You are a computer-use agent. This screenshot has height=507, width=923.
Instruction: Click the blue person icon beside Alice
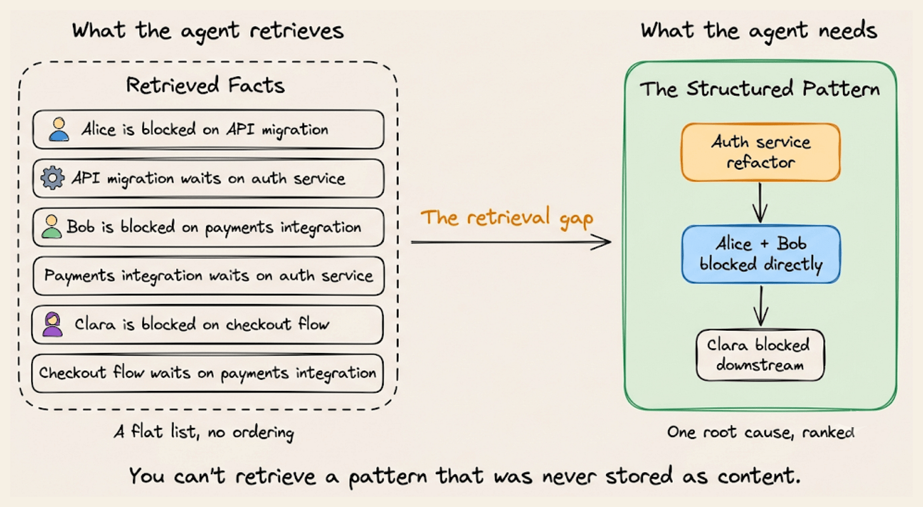[x=59, y=130]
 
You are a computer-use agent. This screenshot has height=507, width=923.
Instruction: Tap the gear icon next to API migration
[x=53, y=178]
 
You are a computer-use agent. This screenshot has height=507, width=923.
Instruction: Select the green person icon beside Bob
[x=51, y=226]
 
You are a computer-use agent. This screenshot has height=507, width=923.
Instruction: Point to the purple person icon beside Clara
[x=53, y=324]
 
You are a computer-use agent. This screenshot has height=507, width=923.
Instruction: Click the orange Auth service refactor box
[x=761, y=152]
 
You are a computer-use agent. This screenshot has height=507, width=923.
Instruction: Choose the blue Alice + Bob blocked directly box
[x=761, y=254]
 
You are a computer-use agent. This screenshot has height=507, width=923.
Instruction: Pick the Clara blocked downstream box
[x=760, y=355]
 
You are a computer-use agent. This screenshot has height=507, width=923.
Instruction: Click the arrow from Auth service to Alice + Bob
[x=760, y=203]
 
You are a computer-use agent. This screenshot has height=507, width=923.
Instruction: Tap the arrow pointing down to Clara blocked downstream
[x=761, y=306]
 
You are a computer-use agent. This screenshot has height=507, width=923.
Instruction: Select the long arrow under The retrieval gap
[x=511, y=242]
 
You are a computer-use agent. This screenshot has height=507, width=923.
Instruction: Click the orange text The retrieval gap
[x=507, y=217]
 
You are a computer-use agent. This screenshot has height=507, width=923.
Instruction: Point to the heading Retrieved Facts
[x=205, y=86]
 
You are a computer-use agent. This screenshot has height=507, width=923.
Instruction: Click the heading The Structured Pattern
[x=759, y=89]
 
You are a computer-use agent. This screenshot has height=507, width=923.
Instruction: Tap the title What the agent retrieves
[x=208, y=31]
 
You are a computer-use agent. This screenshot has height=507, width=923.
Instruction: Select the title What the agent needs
[x=759, y=31]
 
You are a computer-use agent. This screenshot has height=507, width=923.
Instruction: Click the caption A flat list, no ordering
[x=204, y=432]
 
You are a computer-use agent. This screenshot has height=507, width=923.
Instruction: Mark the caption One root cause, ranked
[x=761, y=432]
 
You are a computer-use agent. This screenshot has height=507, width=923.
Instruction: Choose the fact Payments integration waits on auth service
[x=209, y=276]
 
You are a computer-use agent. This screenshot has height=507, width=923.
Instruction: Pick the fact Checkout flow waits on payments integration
[x=208, y=373]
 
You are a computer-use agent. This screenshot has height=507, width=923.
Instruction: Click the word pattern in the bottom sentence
[x=388, y=476]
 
